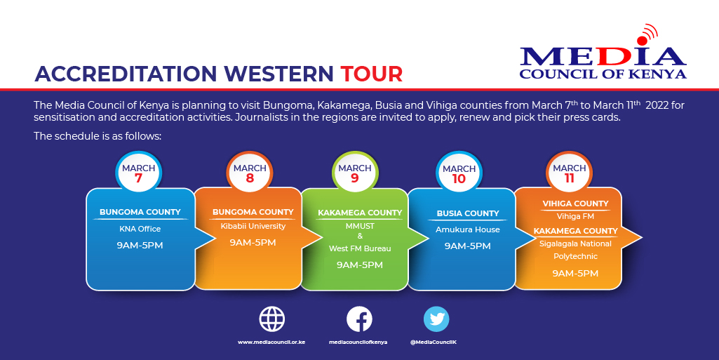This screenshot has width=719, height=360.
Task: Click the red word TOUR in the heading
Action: [x=372, y=73]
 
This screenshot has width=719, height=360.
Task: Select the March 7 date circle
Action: [x=138, y=173]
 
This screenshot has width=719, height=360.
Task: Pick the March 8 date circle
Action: [x=250, y=173]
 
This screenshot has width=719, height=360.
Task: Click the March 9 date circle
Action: [x=354, y=173]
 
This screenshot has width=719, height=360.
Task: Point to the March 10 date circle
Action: [x=459, y=173]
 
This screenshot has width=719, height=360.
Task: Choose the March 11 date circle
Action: [x=569, y=173]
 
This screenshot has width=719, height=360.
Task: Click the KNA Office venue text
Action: [x=140, y=229]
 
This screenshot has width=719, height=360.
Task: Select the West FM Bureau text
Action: [x=360, y=248]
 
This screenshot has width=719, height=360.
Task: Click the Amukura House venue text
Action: [x=468, y=229]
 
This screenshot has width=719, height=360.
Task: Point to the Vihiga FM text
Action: [x=575, y=216]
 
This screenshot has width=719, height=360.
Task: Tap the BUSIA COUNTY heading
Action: [x=468, y=213]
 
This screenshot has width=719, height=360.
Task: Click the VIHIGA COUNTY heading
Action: [x=575, y=204]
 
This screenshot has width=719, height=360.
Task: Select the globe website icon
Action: [x=272, y=319]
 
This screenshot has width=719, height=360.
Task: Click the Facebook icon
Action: [x=359, y=319]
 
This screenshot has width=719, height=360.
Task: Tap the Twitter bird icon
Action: [x=436, y=319]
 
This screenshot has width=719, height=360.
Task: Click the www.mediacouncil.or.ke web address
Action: [x=271, y=342]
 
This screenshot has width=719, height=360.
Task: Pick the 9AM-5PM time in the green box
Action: [x=360, y=265]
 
